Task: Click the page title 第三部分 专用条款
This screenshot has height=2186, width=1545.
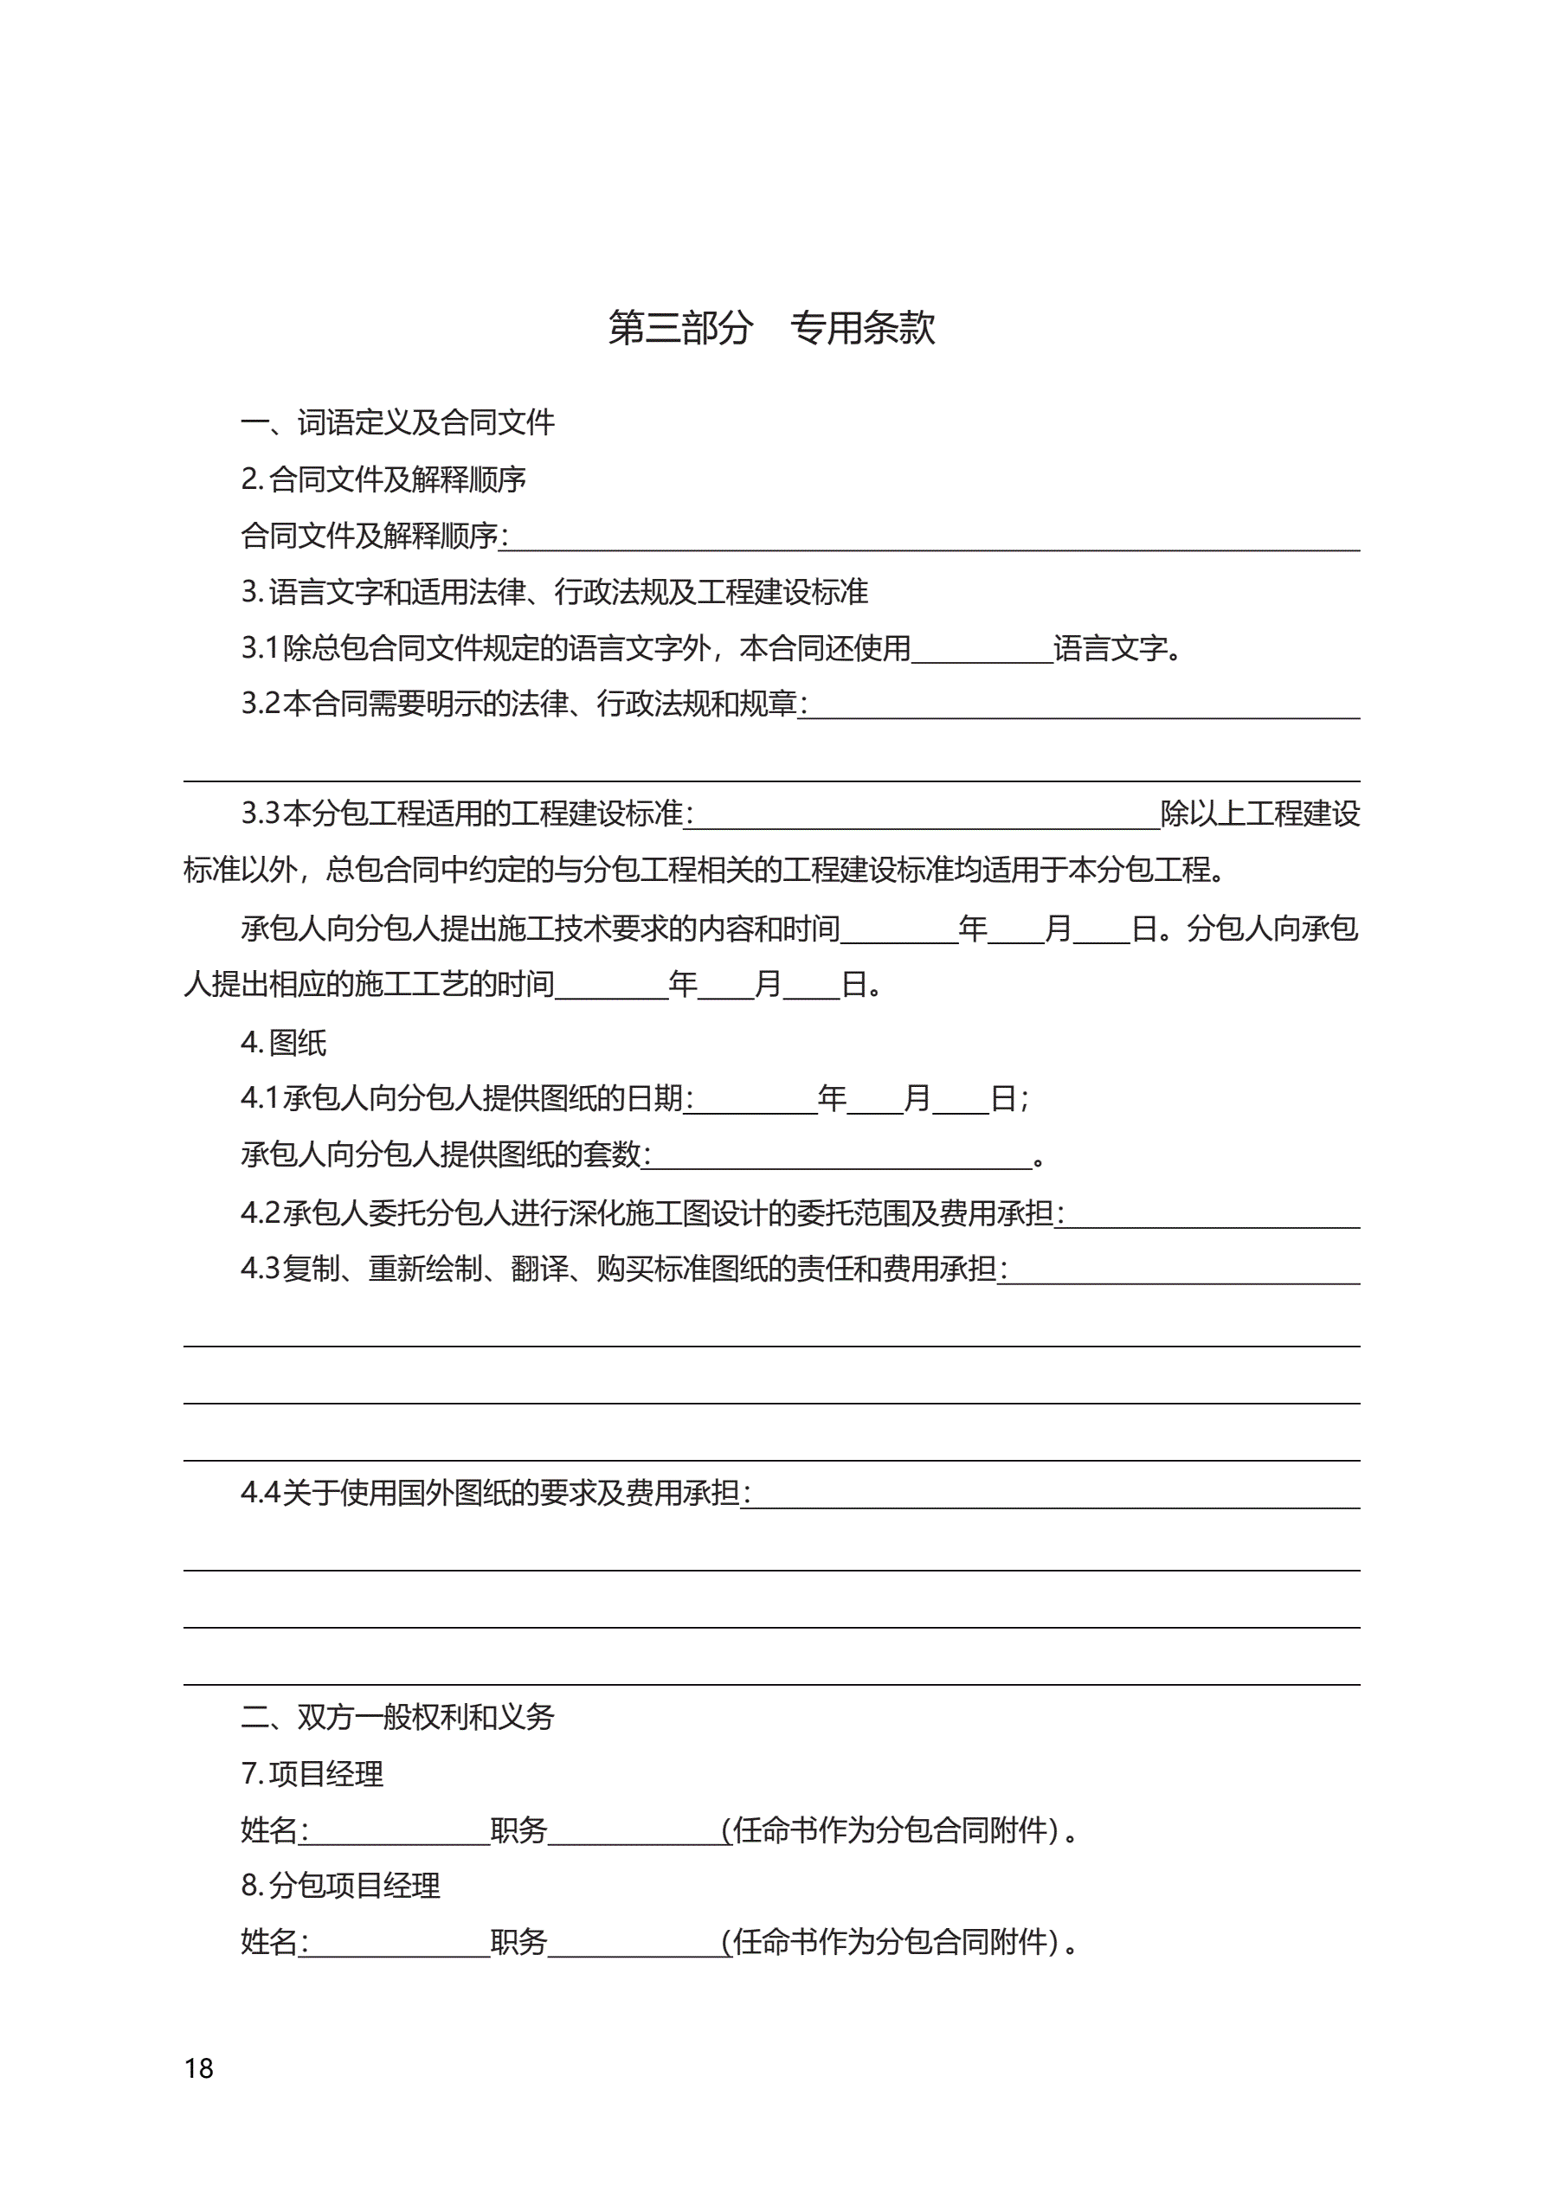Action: click(771, 327)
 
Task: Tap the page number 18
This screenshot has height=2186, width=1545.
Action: click(199, 2068)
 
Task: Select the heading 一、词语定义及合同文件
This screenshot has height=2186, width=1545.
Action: click(397, 421)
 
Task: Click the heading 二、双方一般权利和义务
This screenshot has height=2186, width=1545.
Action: click(397, 1716)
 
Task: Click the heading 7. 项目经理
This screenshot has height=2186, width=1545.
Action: click(312, 1773)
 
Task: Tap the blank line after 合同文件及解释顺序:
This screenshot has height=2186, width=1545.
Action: click(933, 539)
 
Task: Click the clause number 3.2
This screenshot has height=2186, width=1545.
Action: click(261, 704)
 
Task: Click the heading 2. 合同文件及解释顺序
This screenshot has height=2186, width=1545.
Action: click(383, 479)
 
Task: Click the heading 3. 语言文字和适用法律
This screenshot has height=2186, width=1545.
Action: click(554, 591)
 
